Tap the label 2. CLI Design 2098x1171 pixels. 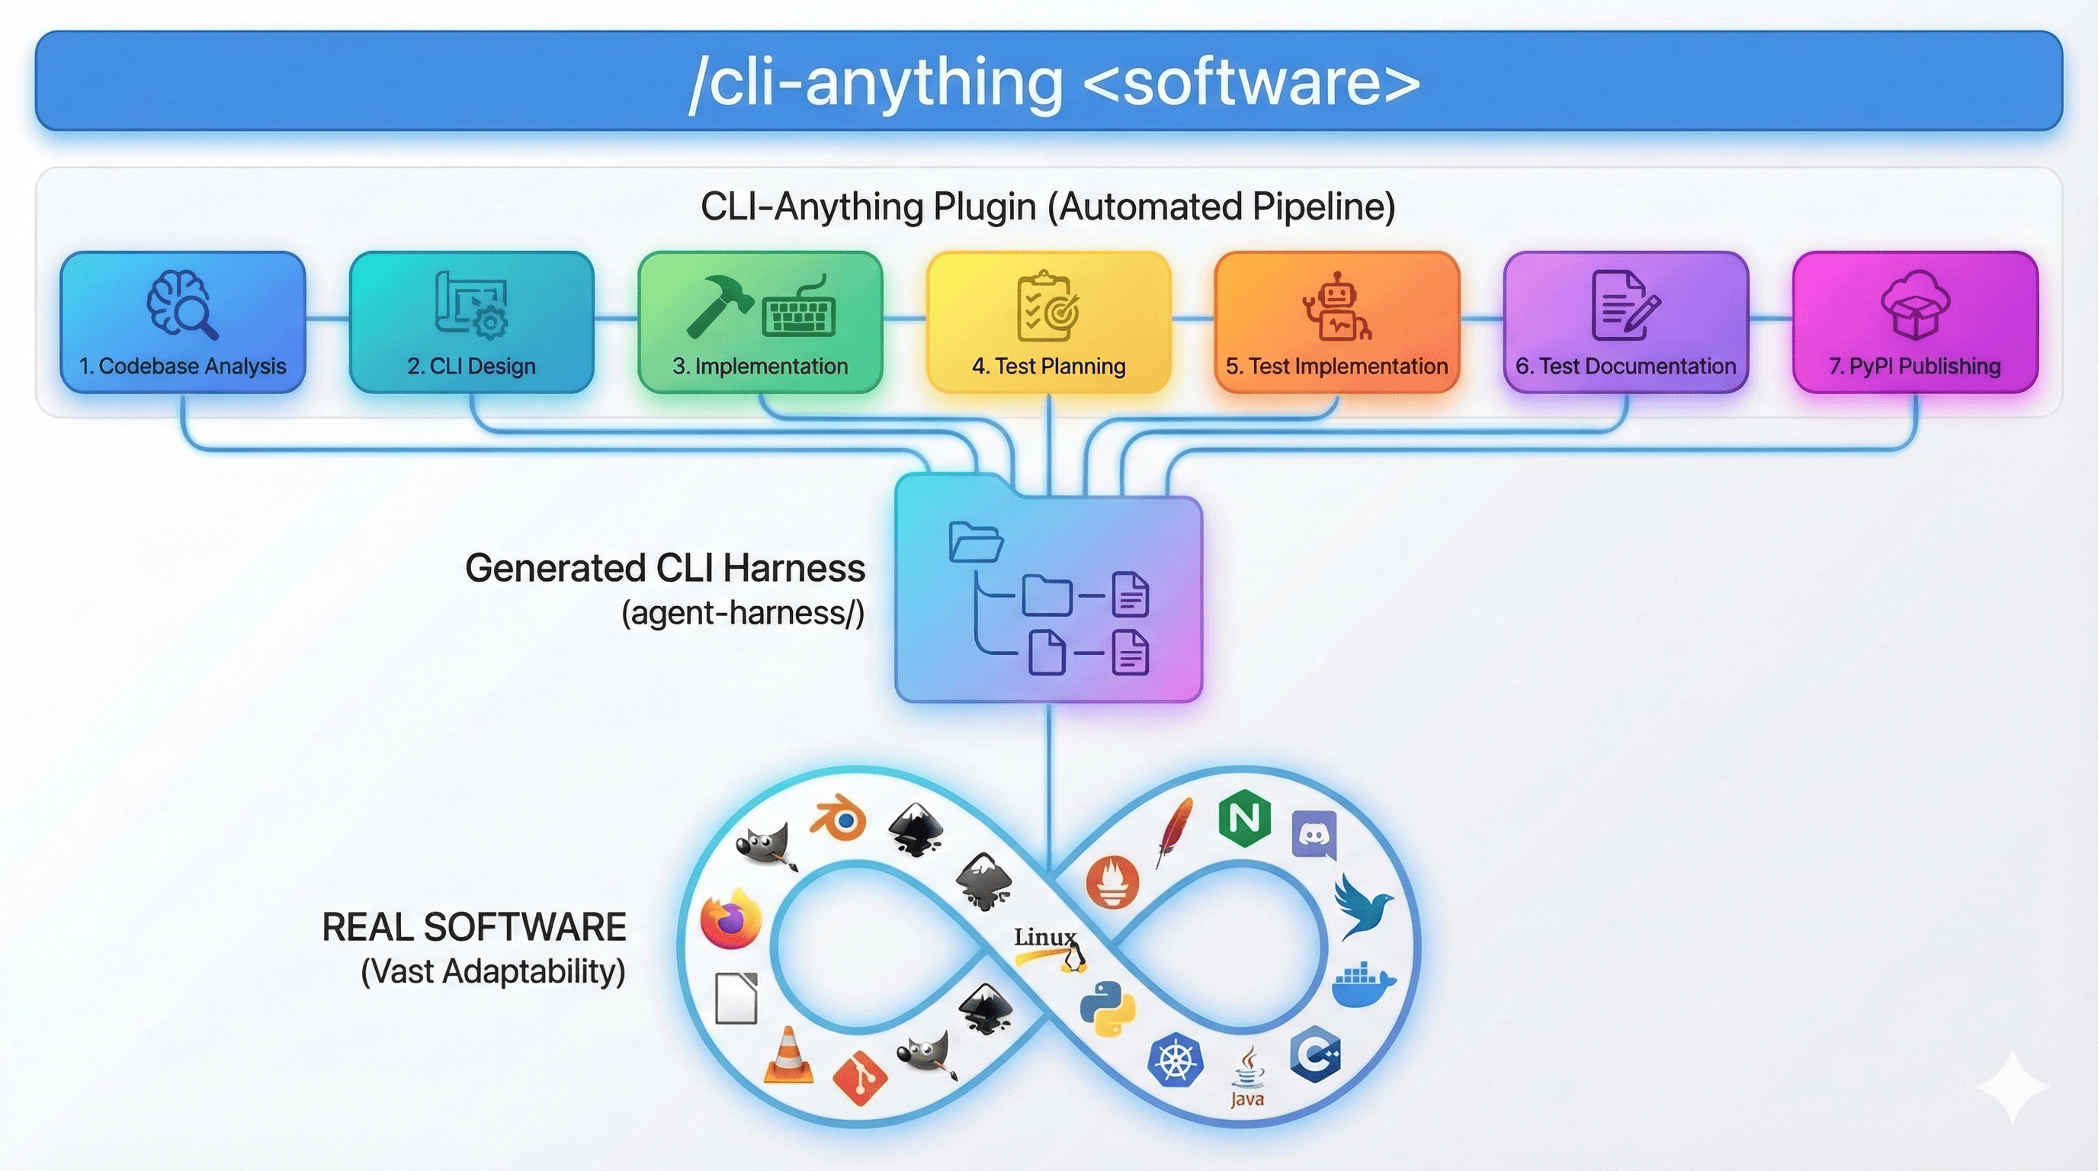pyautogui.click(x=472, y=367)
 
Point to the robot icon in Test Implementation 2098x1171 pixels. pyautogui.click(x=1336, y=307)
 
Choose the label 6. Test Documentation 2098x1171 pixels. pyautogui.click(x=1625, y=367)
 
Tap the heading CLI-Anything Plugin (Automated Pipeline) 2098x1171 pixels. pyautogui.click(x=1048, y=207)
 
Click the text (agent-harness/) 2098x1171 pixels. pyautogui.click(x=742, y=612)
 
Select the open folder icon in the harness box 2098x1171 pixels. pyautogui.click(x=975, y=541)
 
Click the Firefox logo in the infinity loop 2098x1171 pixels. pyautogui.click(x=730, y=920)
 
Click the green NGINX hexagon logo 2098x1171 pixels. pyautogui.click(x=1243, y=818)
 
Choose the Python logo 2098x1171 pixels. pyautogui.click(x=1108, y=1008)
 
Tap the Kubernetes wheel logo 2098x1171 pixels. pyautogui.click(x=1175, y=1060)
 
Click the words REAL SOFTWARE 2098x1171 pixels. pyautogui.click(x=474, y=928)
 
